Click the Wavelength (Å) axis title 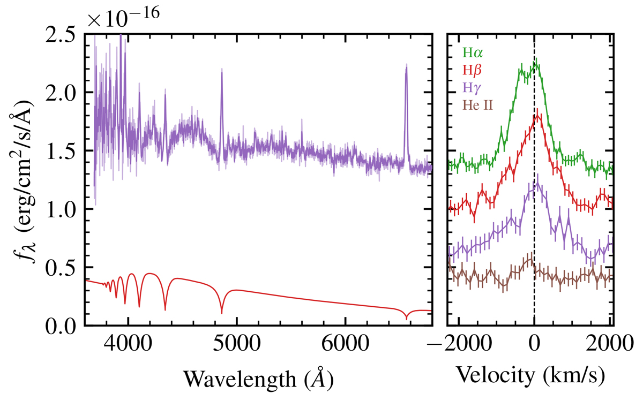point(259,379)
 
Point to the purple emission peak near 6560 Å point(406,67)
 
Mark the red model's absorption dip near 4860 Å point(222,313)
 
